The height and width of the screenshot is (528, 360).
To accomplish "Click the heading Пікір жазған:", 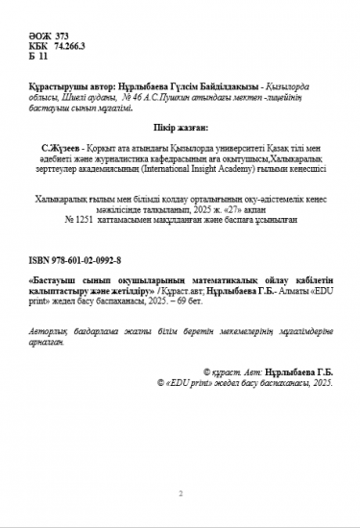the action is pyautogui.click(x=180, y=125).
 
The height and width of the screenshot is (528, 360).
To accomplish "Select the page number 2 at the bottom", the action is pyautogui.click(x=180, y=492).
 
